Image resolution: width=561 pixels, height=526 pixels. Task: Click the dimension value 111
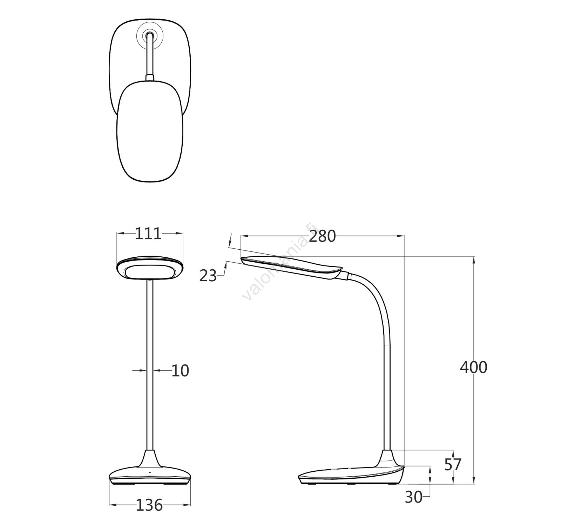pos(148,234)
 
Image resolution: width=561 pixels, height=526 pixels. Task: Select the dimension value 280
pos(322,236)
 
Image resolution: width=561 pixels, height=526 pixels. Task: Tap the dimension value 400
pos(473,367)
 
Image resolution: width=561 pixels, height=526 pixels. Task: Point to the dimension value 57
pos(453,465)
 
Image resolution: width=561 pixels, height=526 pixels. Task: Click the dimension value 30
pos(413,497)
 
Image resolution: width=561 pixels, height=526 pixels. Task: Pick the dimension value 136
pos(149,505)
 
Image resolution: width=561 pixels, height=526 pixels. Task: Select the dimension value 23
pos(208,276)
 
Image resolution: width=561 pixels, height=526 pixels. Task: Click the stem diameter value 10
pos(180,371)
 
